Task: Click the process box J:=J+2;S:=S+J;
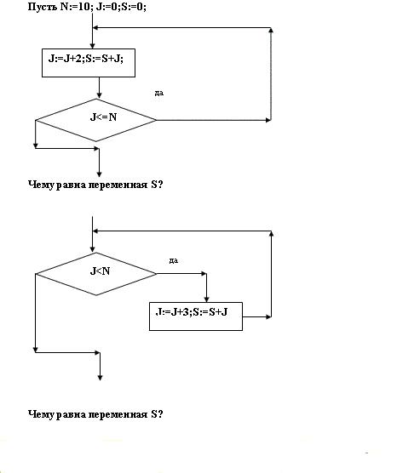(89, 63)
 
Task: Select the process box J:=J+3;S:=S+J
(196, 316)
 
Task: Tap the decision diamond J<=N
(96, 120)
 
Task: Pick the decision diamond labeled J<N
(96, 274)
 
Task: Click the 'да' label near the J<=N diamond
(159, 94)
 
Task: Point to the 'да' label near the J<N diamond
(174, 260)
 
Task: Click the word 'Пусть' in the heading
(42, 7)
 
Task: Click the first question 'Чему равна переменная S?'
(95, 185)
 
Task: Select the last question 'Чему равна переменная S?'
(95, 414)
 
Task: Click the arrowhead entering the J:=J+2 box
(93, 46)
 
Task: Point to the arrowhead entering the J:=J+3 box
(206, 299)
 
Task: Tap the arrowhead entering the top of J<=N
(99, 95)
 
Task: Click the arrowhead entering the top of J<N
(93, 249)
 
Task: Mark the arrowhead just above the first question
(99, 174)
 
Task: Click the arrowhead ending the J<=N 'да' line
(268, 120)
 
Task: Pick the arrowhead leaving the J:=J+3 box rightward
(268, 316)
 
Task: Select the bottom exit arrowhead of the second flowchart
(100, 378)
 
